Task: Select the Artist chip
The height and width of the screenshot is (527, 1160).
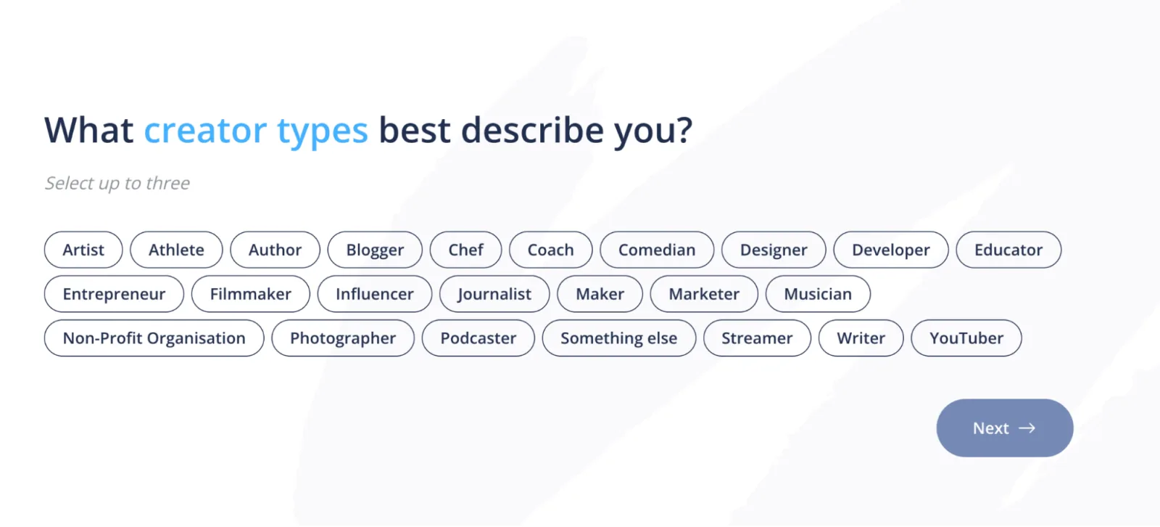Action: [83, 250]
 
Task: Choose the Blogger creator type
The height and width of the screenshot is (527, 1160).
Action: [375, 250]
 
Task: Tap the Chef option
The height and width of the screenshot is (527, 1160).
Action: [465, 250]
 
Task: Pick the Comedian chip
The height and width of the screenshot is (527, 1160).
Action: [657, 250]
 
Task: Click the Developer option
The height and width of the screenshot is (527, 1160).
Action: [891, 250]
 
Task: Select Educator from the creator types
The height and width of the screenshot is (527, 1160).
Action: [1008, 250]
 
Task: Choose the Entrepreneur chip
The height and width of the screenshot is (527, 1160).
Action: [114, 293]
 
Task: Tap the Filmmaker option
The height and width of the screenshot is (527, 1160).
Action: [251, 293]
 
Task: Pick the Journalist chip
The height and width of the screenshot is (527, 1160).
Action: [494, 293]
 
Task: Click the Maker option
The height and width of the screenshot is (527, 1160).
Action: [600, 293]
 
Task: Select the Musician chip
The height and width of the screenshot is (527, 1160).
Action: [818, 293]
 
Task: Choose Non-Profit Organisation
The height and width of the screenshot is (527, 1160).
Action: [154, 338]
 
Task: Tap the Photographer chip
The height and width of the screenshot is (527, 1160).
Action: [343, 338]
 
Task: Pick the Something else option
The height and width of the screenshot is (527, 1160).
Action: [619, 338]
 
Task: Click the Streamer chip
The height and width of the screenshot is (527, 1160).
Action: [757, 338]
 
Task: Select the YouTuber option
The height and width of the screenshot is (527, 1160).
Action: [966, 338]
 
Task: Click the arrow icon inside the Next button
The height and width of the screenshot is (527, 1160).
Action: [1027, 428]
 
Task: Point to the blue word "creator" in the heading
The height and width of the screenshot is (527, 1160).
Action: [205, 130]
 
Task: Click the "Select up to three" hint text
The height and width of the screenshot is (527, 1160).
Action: [117, 183]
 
